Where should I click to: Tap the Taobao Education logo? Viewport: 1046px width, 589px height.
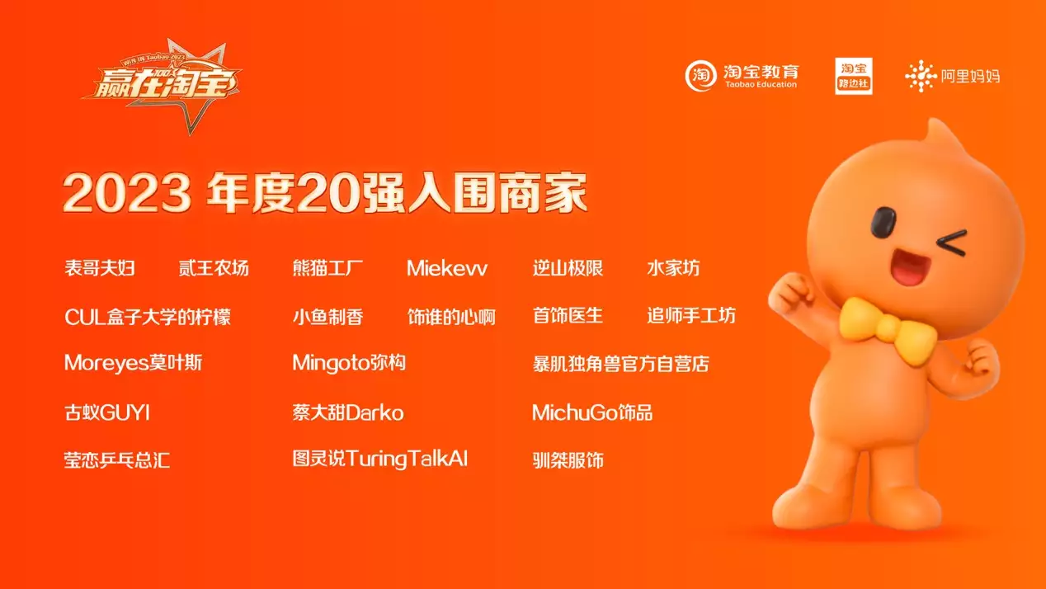pyautogui.click(x=742, y=76)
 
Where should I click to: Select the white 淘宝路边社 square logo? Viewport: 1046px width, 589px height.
pyautogui.click(x=854, y=76)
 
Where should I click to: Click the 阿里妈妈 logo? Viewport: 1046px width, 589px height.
pyautogui.click(x=953, y=76)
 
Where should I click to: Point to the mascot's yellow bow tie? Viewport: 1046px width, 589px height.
pyautogui.click(x=888, y=329)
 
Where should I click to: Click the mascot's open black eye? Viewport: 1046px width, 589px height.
pyautogui.click(x=883, y=223)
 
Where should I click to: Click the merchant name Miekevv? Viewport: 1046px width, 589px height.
pyautogui.click(x=447, y=268)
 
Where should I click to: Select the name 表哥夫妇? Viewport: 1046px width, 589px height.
pyautogui.click(x=100, y=268)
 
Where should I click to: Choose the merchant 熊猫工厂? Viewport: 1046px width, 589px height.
pyautogui.click(x=327, y=268)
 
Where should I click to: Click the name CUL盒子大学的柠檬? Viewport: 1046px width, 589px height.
pyautogui.click(x=148, y=317)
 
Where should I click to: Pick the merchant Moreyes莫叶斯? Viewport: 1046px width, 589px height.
pyautogui.click(x=133, y=363)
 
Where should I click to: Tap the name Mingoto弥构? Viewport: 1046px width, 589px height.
pyautogui.click(x=349, y=363)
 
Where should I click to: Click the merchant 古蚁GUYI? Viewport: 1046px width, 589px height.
pyautogui.click(x=107, y=413)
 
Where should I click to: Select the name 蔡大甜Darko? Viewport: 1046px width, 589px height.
pyautogui.click(x=348, y=413)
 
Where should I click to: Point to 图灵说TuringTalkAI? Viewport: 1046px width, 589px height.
pyautogui.click(x=380, y=459)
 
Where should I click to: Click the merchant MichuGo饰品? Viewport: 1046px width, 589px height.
pyautogui.click(x=592, y=413)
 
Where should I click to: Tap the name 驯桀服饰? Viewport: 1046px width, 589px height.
pyautogui.click(x=568, y=460)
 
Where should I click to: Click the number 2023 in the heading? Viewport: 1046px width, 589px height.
pyautogui.click(x=127, y=192)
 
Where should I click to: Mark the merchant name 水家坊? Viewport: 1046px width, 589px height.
pyautogui.click(x=673, y=268)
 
